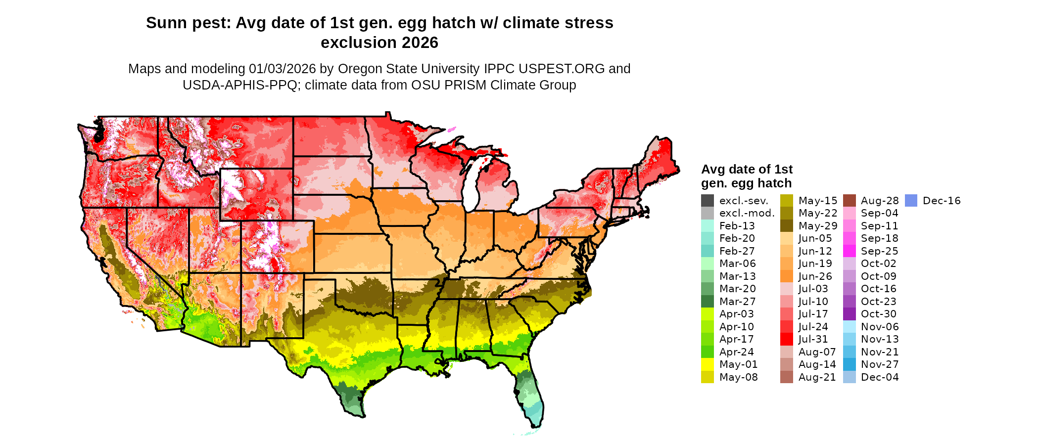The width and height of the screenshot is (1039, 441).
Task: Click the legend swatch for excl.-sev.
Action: (x=708, y=201)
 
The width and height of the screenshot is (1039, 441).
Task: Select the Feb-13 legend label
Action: (x=737, y=226)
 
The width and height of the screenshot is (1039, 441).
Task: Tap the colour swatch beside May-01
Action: (x=708, y=364)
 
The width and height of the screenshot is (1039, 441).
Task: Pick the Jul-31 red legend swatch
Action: (x=787, y=339)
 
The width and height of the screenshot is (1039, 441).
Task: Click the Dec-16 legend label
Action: (x=942, y=201)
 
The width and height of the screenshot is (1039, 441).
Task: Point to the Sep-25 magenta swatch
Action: (x=850, y=251)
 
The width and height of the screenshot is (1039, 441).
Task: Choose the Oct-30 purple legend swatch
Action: (x=850, y=314)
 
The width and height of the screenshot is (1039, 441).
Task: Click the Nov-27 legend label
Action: (x=880, y=364)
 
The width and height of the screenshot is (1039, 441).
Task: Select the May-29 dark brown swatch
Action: (x=787, y=226)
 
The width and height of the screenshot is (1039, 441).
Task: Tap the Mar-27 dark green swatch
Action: (x=708, y=302)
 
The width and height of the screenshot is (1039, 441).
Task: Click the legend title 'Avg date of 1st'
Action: (x=747, y=170)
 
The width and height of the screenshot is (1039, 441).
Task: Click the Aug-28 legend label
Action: (x=880, y=201)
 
